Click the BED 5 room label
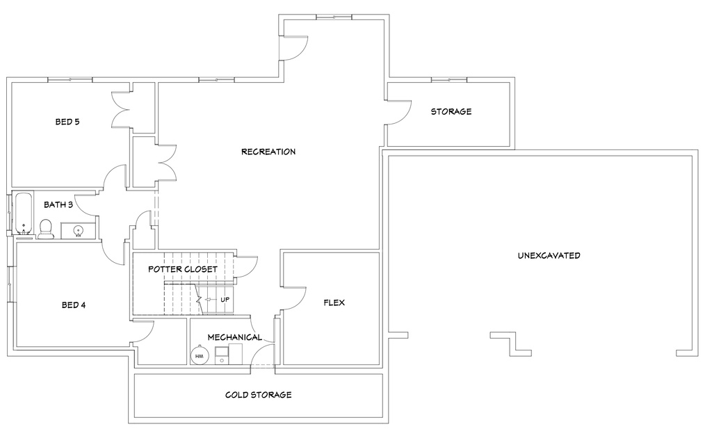[x=67, y=122]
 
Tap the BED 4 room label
[x=74, y=305]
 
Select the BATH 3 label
[x=58, y=205]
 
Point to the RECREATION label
[x=268, y=152]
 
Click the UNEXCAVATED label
[x=549, y=256]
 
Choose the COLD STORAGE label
[x=258, y=395]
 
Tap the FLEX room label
[x=334, y=303]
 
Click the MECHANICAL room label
[x=235, y=337]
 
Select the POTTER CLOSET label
[x=184, y=269]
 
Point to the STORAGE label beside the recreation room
[x=451, y=111]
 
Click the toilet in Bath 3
[x=46, y=229]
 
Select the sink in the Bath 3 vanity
[x=78, y=230]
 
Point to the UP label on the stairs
[x=225, y=300]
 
